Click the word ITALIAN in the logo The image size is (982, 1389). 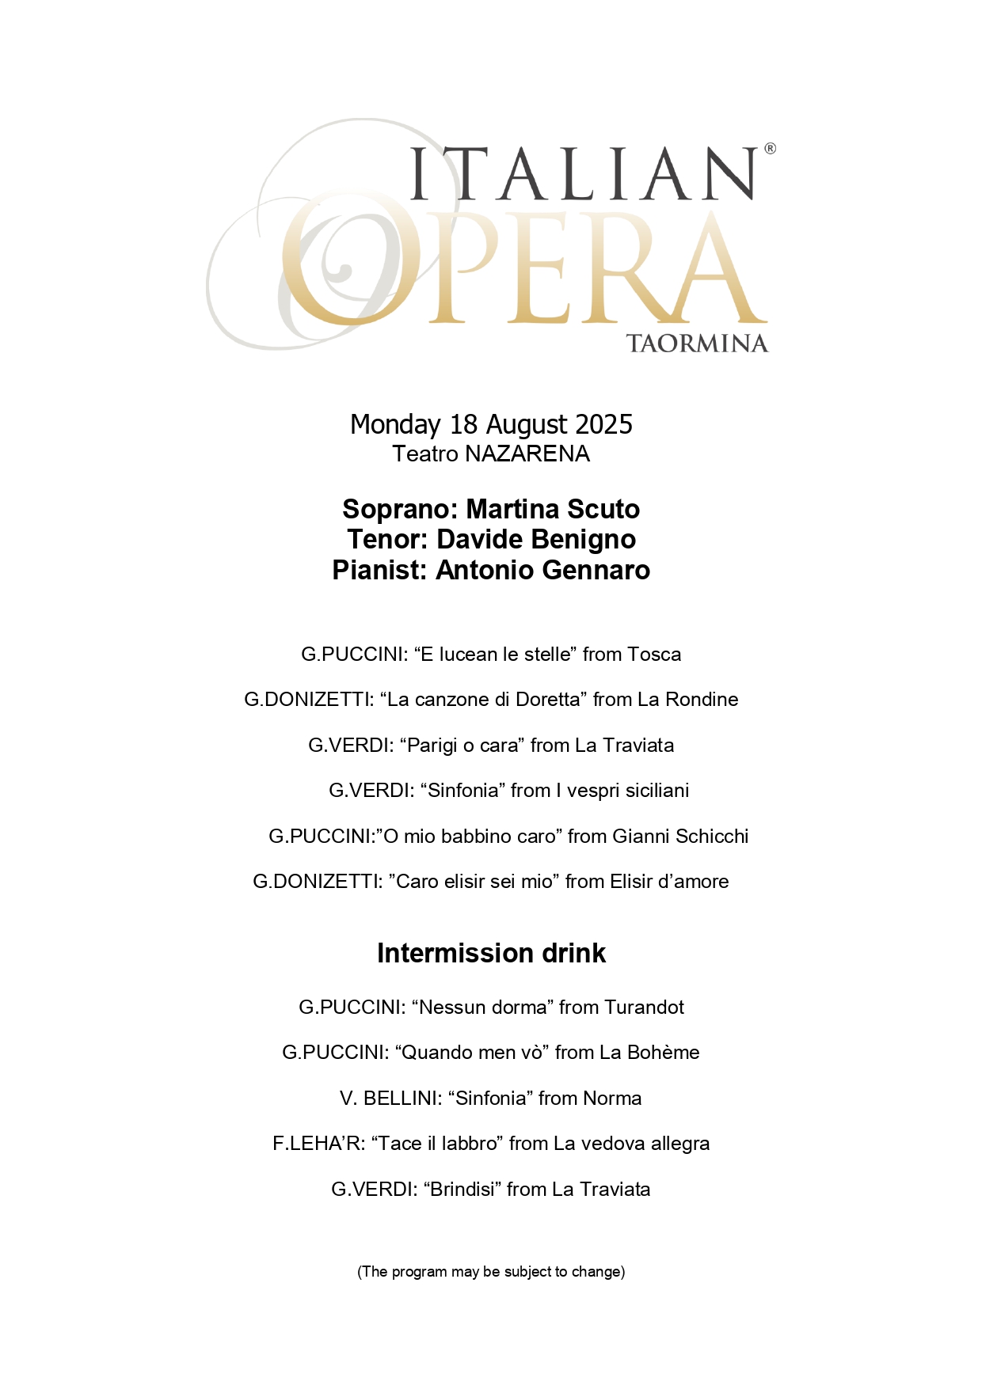(x=584, y=173)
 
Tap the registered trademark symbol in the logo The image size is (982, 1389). (x=770, y=149)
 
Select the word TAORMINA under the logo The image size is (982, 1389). (x=697, y=343)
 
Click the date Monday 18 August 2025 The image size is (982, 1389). (x=491, y=424)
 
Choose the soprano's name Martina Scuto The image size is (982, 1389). (x=553, y=509)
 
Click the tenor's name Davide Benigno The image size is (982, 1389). (x=536, y=539)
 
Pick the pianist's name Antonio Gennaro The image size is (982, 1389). (x=542, y=570)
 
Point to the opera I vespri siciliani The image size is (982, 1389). (x=622, y=791)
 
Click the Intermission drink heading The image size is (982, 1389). (x=491, y=953)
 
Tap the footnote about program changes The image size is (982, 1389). (x=491, y=1272)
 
